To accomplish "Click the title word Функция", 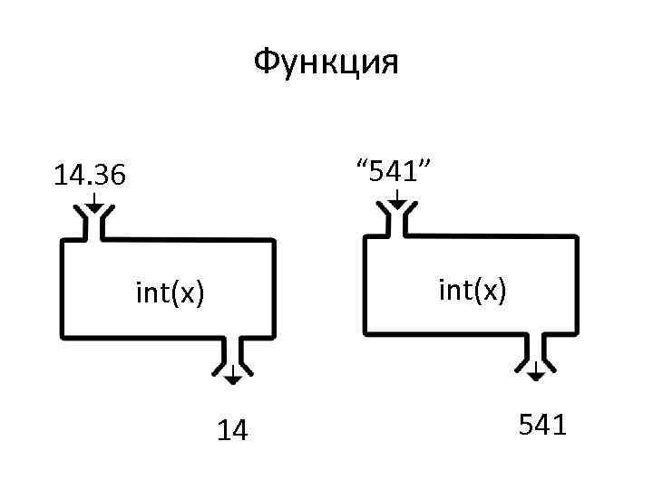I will pyautogui.click(x=326, y=62).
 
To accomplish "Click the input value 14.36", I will pyautogui.click(x=90, y=175).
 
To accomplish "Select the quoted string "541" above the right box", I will pyautogui.click(x=395, y=168).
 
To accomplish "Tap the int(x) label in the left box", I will pyautogui.click(x=170, y=294).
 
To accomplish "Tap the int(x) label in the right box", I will pyautogui.click(x=473, y=291).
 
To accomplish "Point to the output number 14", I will pyautogui.click(x=233, y=431).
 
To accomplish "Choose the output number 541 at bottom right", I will pyautogui.click(x=542, y=425).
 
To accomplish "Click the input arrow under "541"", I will pyautogui.click(x=396, y=197).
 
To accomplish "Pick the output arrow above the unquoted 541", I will pyautogui.click(x=536, y=369).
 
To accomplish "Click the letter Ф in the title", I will pyautogui.click(x=265, y=62).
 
